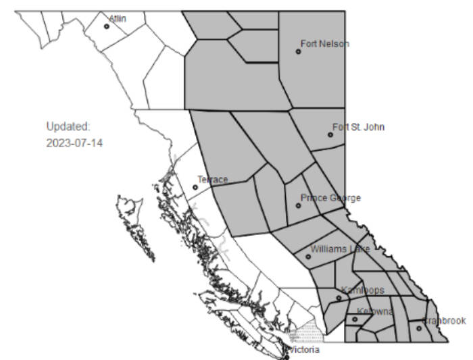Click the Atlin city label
coord(118,18)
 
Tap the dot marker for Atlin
coord(107,27)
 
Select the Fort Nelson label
coord(325,44)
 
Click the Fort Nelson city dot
coord(298,51)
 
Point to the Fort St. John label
coord(358,127)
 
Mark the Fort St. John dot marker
coord(330,134)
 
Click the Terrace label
coord(212,180)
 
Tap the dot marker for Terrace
coord(195,187)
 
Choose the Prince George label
coord(330,198)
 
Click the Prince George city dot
coord(298,205)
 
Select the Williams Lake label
coord(341,249)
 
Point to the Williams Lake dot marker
coord(308,257)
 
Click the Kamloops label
coord(363,290)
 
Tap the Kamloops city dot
coord(339,298)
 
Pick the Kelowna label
coord(375,311)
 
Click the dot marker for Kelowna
coord(355,319)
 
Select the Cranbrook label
coord(445,320)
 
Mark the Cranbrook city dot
coord(419,328)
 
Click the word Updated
coord(68,126)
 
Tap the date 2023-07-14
coord(74,143)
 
